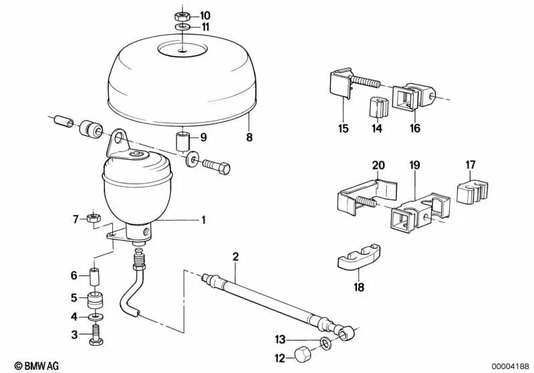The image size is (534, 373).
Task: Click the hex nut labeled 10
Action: [x=182, y=15]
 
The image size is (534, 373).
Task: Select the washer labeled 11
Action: [x=183, y=27]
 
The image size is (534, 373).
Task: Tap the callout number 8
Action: [x=250, y=137]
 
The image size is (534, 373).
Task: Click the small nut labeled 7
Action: [x=93, y=218]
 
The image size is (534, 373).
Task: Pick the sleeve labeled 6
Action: [x=94, y=276]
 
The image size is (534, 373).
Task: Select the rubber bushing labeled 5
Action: [x=96, y=299]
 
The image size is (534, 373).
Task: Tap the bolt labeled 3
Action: [x=96, y=335]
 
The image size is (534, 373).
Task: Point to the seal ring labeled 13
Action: [x=325, y=342]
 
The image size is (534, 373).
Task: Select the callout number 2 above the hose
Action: [x=235, y=257]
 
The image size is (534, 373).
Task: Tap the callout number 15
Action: [x=344, y=129]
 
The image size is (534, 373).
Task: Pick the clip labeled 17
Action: [x=472, y=193]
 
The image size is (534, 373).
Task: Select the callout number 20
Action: [x=378, y=165]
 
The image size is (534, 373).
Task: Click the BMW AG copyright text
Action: [x=37, y=366]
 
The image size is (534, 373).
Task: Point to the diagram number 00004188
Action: [x=510, y=366]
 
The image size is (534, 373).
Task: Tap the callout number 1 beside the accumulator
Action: [x=204, y=220]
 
